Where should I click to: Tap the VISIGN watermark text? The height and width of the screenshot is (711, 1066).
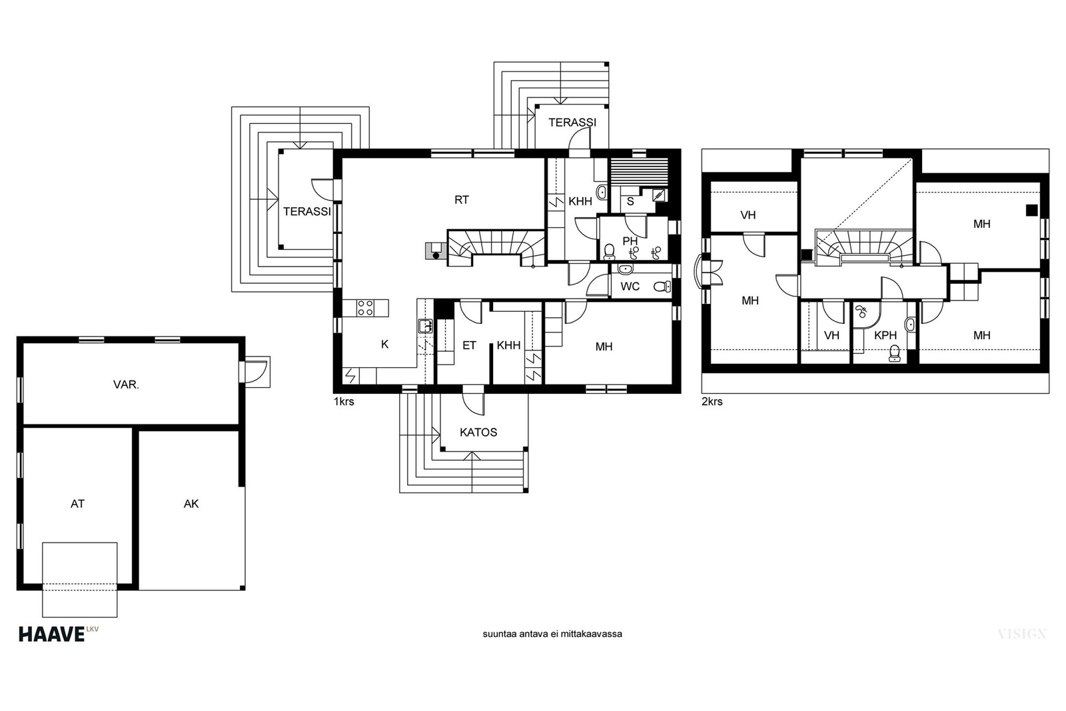tap(1022, 634)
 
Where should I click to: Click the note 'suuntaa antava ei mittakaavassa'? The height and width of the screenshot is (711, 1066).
tap(552, 634)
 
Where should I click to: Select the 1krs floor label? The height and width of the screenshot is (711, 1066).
tap(344, 402)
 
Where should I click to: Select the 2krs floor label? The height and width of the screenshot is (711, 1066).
tap(712, 402)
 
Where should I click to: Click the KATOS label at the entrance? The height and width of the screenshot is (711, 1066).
tap(478, 432)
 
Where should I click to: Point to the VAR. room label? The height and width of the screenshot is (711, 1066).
tap(126, 384)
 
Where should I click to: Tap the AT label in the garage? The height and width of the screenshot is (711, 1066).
tap(77, 504)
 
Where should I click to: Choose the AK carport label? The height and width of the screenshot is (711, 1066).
tap(191, 504)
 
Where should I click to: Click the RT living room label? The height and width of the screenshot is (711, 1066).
tap(462, 200)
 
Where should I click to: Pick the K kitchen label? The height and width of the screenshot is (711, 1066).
tap(385, 344)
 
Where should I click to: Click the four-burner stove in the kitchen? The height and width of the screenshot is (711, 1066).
tap(366, 308)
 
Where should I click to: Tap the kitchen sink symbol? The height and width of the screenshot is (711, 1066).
tap(425, 326)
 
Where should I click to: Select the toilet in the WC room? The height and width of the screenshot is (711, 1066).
tap(662, 286)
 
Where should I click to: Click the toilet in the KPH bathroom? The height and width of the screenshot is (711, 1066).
tap(895, 354)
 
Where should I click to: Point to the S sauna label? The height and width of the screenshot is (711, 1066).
tap(630, 201)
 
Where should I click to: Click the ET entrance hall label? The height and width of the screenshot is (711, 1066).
tap(469, 345)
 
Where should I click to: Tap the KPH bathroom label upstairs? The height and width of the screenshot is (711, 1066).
tap(885, 335)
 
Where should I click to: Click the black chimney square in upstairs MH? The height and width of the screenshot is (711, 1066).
tap(1032, 210)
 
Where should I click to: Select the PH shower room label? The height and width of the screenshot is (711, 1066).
tap(630, 241)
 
